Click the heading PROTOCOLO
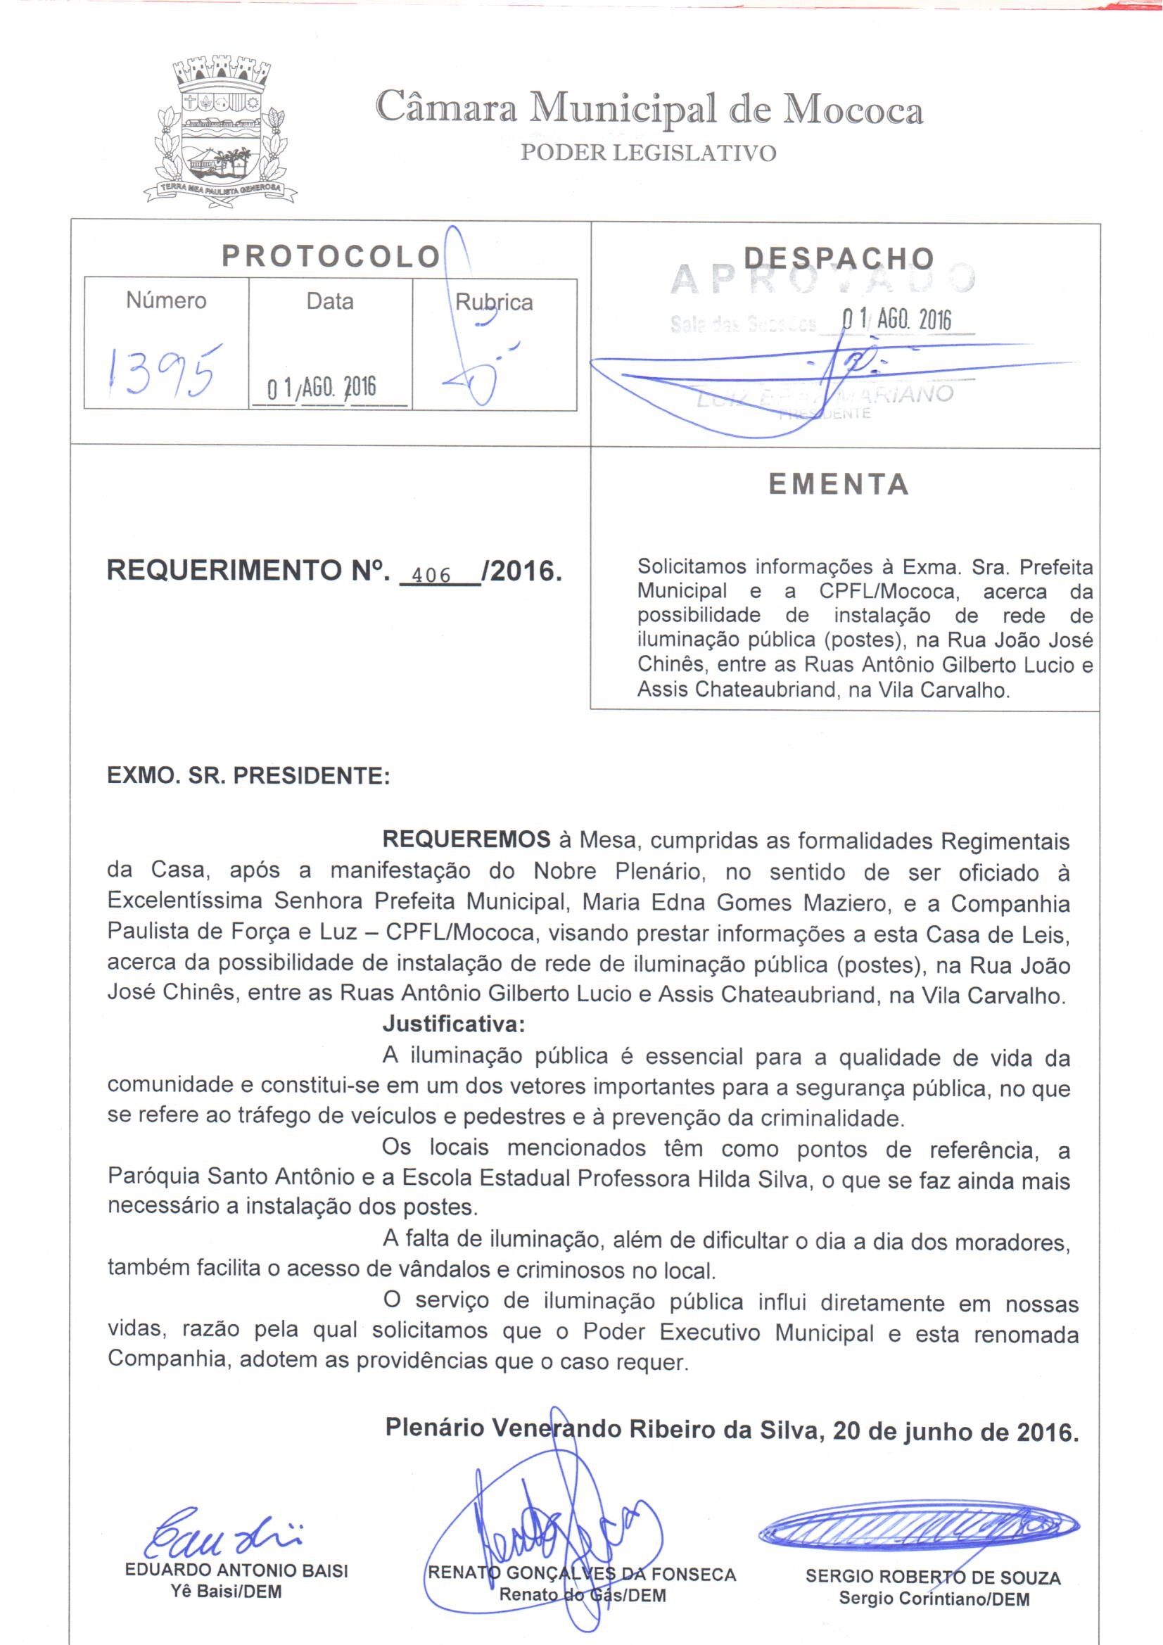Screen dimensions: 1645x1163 [x=331, y=257]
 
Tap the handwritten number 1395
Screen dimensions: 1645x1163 [x=163, y=369]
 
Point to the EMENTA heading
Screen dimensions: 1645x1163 [x=839, y=485]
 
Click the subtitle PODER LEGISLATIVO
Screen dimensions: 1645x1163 [x=649, y=153]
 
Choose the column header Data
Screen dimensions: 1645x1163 [x=330, y=301]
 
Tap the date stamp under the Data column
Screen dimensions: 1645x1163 [x=321, y=388]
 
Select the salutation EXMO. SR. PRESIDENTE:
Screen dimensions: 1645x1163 [x=248, y=776]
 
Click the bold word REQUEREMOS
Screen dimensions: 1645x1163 [x=466, y=839]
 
